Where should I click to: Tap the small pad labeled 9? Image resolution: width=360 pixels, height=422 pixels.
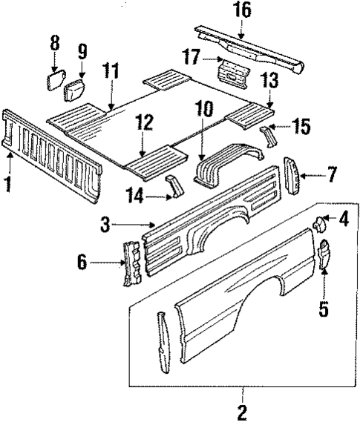pos(74,93)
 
